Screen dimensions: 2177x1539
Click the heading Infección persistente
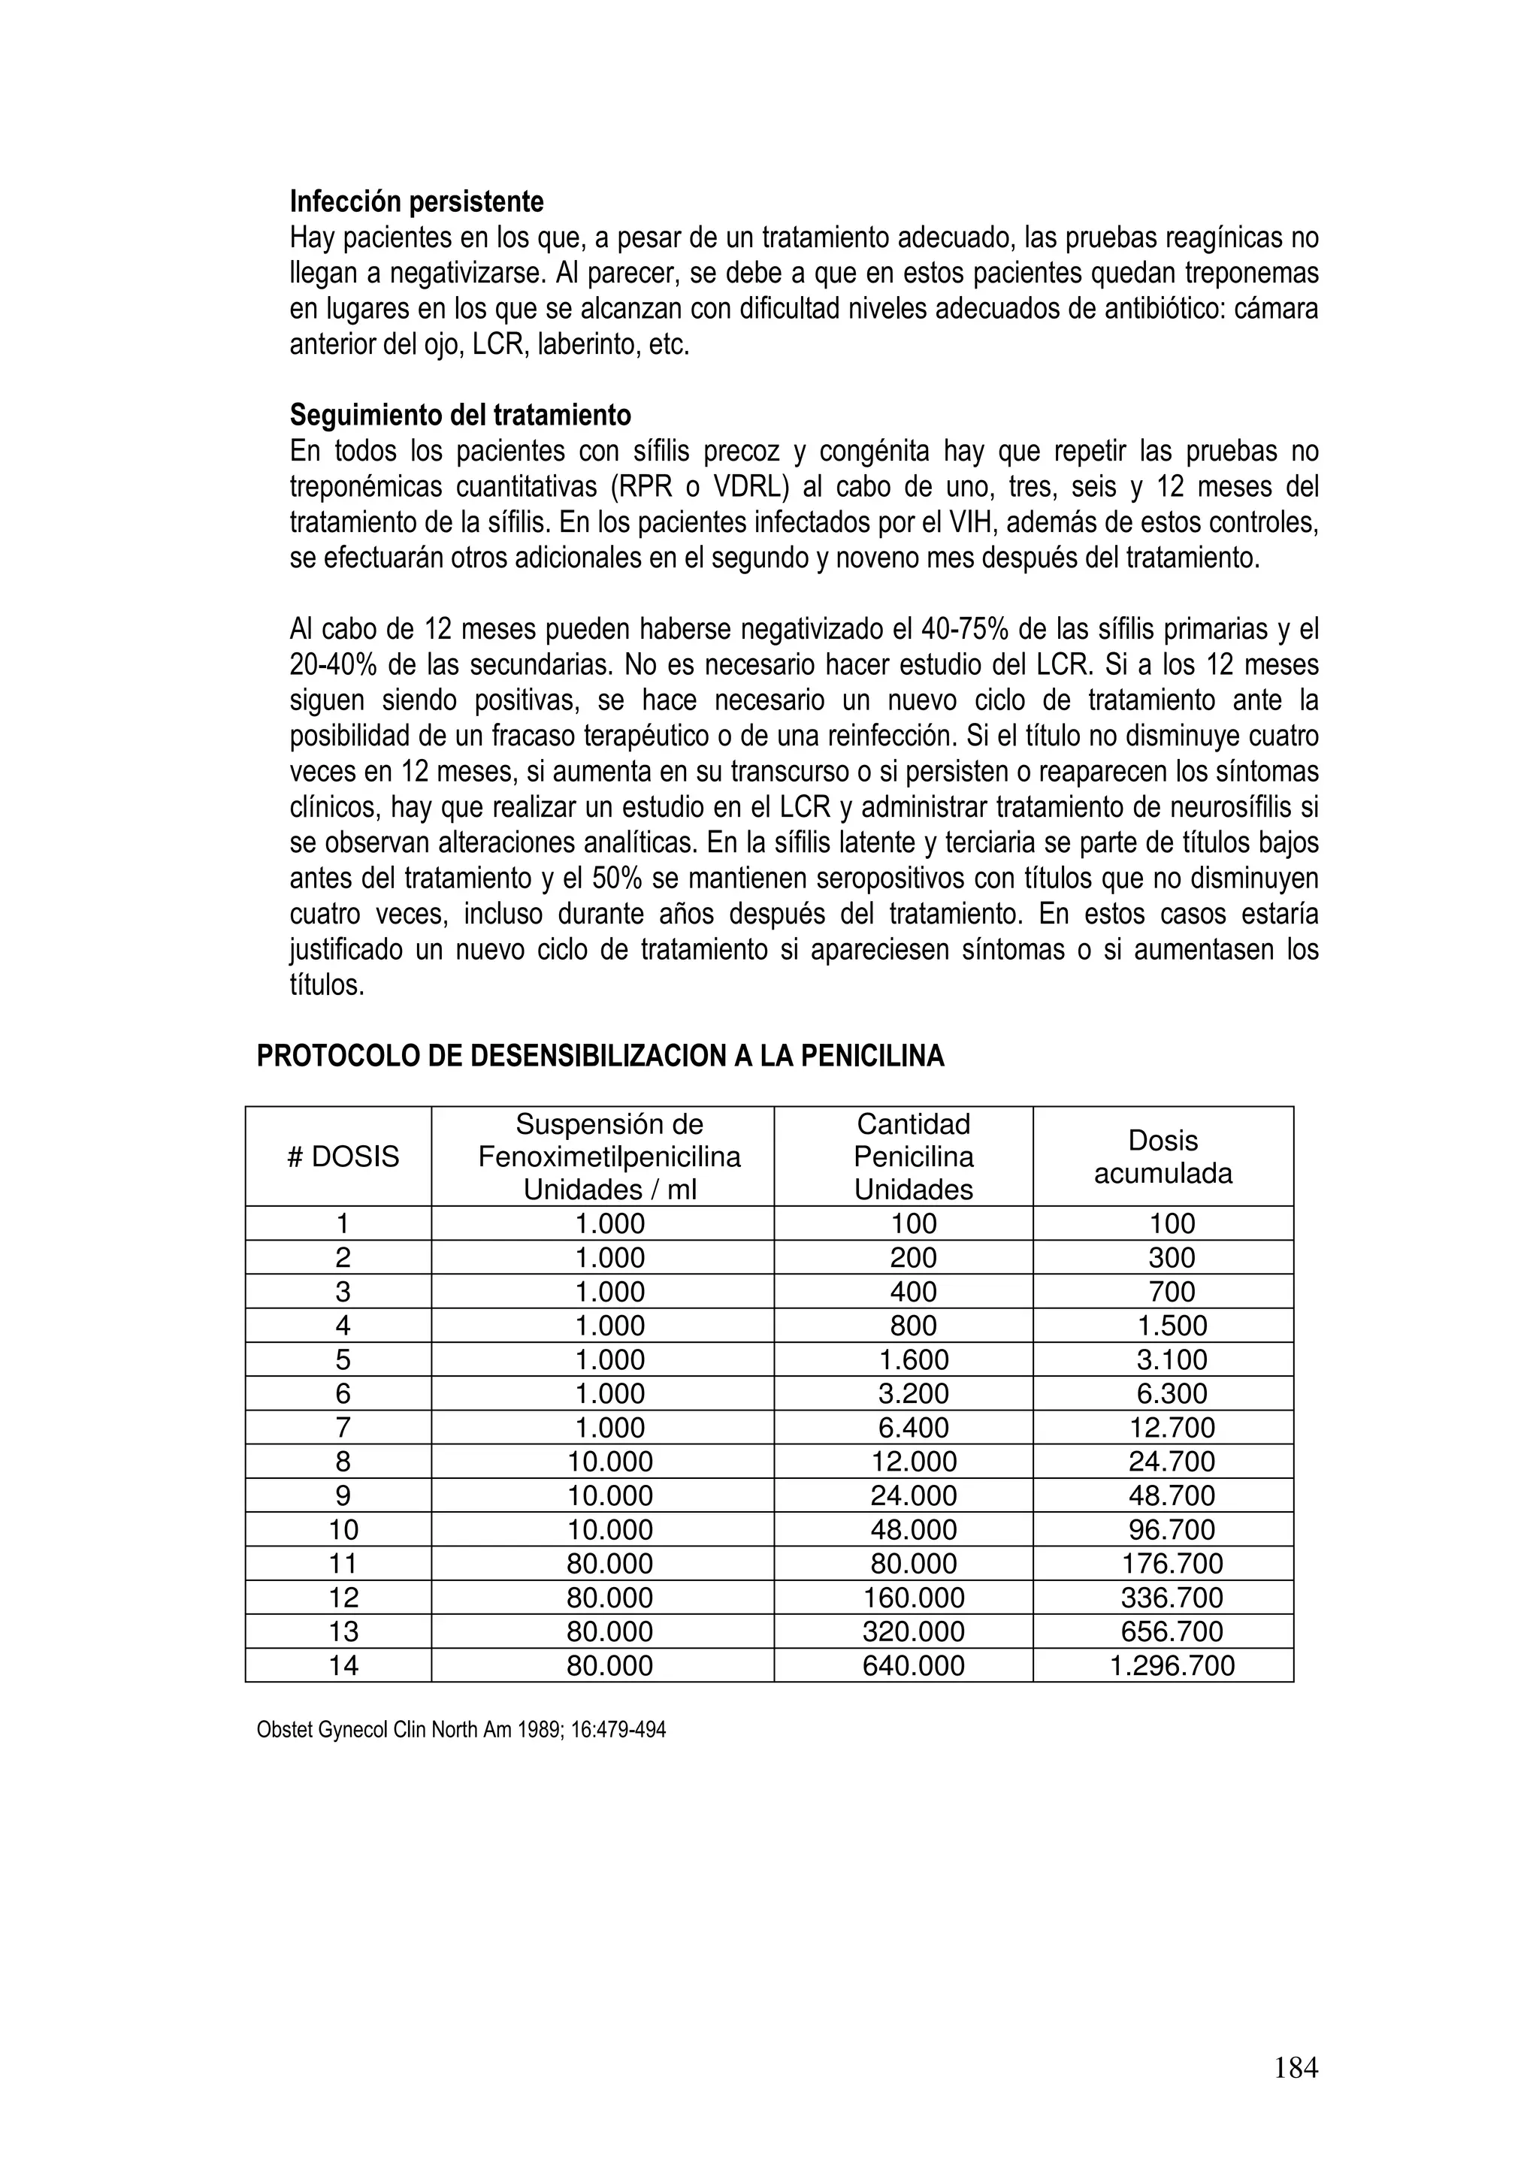416,202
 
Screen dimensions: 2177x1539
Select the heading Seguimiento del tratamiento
460,416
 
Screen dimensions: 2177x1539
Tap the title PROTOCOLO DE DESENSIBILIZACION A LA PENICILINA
600,1057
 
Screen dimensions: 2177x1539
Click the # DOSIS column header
343,1157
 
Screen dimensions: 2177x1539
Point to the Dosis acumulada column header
1163,1157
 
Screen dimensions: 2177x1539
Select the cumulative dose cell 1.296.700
1172,1666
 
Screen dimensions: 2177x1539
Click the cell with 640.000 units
913,1666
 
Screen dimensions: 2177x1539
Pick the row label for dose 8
343,1461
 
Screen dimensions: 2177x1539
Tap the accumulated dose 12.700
1172,1427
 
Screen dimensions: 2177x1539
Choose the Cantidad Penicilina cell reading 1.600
913,1359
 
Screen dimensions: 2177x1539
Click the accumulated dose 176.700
1172,1564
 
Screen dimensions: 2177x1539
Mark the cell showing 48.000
913,1529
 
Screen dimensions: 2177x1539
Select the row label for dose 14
343,1666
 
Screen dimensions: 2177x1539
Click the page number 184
1296,2067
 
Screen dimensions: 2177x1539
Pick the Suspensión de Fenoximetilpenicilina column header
609,1157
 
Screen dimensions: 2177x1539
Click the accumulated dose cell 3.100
1172,1359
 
